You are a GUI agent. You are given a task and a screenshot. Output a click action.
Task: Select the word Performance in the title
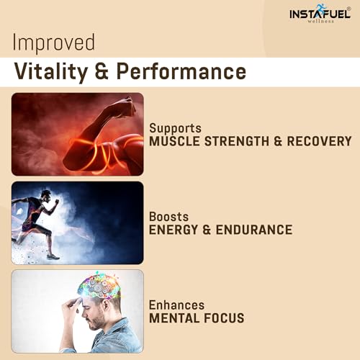[x=190, y=71]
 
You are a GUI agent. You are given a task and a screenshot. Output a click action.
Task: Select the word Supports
[x=174, y=127]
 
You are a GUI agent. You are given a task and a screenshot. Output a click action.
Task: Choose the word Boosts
[x=168, y=216]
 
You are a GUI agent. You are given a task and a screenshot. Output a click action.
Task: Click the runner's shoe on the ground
[x=53, y=256]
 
